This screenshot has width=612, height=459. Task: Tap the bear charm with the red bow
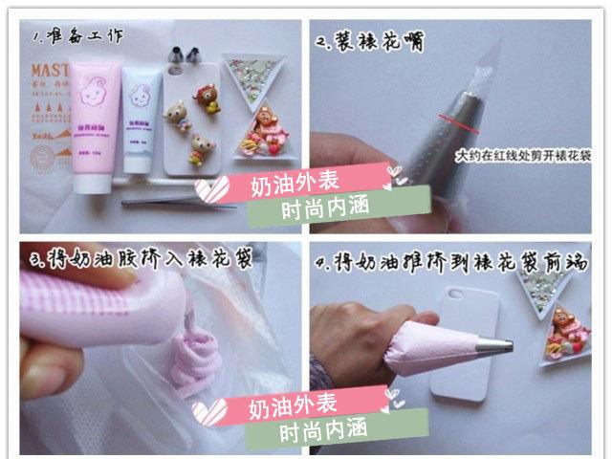click(206, 96)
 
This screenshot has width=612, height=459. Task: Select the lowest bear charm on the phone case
click(202, 144)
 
